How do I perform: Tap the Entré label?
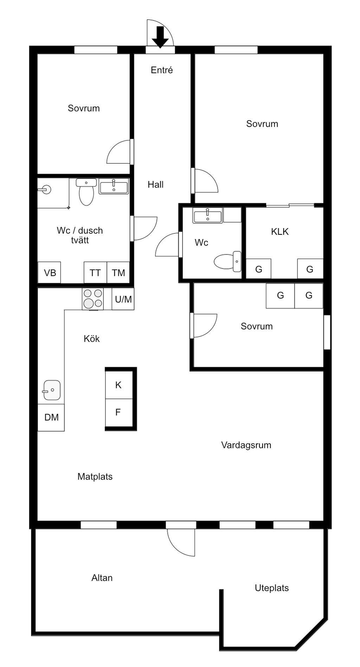tap(162, 70)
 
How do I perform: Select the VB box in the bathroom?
tap(50, 273)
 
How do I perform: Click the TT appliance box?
tap(95, 273)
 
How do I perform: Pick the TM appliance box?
tap(118, 273)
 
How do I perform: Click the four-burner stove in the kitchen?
tap(93, 299)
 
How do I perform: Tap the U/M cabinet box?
tap(123, 299)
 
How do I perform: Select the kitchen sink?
tap(52, 390)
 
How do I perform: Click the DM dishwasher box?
tap(51, 417)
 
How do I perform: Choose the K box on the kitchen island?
tap(118, 385)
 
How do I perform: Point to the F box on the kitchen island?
tap(118, 412)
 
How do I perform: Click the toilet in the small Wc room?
tap(227, 261)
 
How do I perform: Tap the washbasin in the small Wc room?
tap(207, 215)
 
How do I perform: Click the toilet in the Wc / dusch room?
tap(86, 193)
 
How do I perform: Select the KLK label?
tap(280, 232)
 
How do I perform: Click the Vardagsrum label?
tap(246, 445)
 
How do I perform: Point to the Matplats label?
tap(95, 477)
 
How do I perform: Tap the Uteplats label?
tap(272, 588)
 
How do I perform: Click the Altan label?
tap(102, 578)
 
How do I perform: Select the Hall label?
tap(155, 184)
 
